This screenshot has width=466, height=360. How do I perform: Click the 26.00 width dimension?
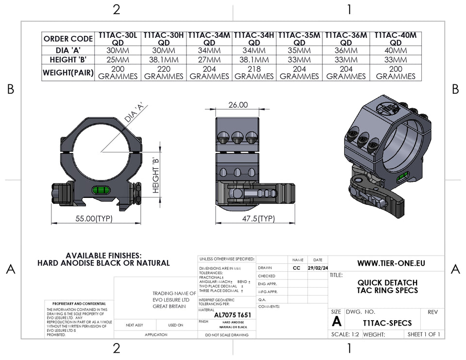point(238,105)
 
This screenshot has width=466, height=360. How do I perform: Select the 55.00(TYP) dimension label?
point(94,219)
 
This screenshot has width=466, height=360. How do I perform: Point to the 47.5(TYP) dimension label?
point(258,219)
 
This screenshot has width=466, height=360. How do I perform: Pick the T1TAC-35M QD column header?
point(300,39)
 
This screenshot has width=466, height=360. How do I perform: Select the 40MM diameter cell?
point(395,51)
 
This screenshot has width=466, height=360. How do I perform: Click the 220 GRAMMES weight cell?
point(164,73)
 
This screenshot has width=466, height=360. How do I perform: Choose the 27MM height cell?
point(210,60)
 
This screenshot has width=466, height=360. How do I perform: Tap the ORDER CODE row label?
point(68,39)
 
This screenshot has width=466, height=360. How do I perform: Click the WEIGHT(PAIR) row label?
point(68,73)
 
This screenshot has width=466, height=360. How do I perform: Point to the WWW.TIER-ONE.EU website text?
point(391,263)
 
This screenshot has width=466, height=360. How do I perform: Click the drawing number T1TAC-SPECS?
point(387,323)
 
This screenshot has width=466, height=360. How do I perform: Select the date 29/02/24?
point(318,268)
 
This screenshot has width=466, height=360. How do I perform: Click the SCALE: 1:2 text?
point(345,334)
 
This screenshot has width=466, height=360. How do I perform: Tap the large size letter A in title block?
point(336,322)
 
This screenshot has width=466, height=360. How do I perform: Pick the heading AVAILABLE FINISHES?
point(103,255)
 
